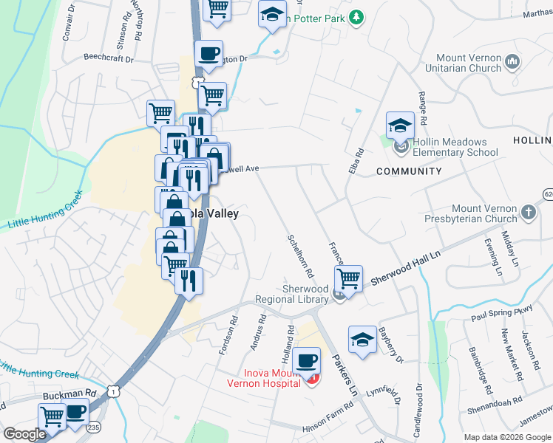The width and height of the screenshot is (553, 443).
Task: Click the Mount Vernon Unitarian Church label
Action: click(461, 63)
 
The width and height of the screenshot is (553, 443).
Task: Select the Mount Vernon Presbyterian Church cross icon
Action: click(529, 213)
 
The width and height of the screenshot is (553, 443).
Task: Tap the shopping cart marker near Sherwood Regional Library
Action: click(348, 279)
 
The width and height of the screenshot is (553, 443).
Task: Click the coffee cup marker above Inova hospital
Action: click(305, 361)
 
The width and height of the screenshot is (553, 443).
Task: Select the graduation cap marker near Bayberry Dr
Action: click(362, 339)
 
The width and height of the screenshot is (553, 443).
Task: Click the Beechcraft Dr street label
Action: click(108, 57)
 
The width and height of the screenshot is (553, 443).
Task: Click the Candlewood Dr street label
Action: click(418, 406)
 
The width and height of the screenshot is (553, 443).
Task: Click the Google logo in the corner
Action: click(24, 434)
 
